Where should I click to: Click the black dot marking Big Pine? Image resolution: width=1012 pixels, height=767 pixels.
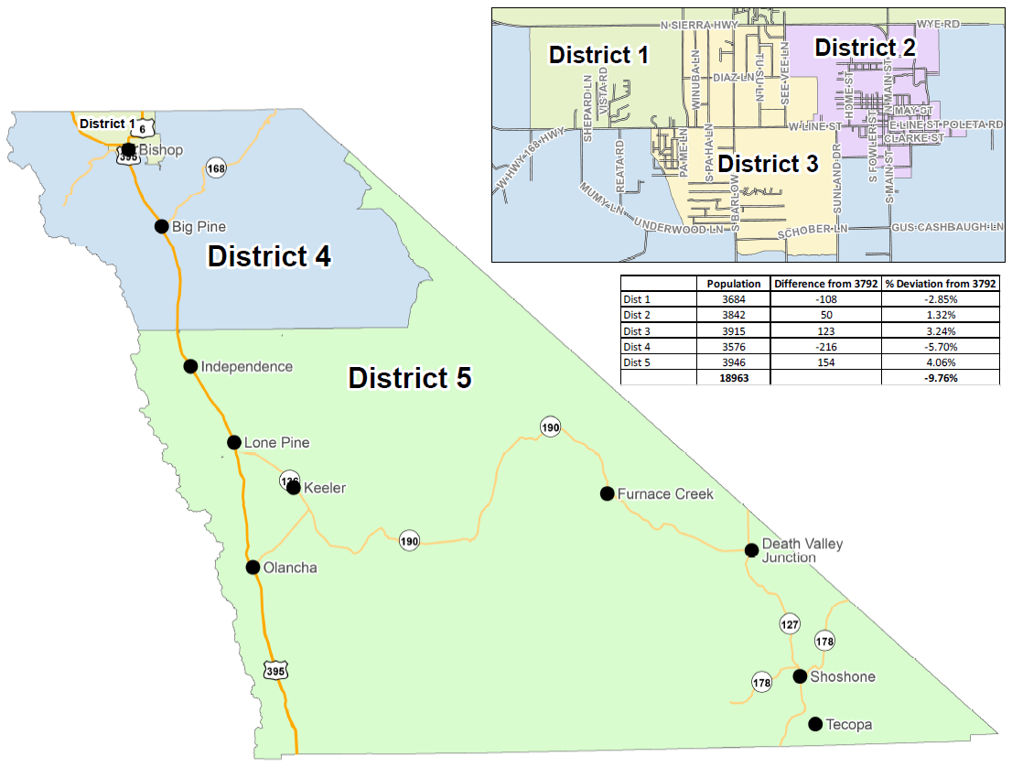[161, 226]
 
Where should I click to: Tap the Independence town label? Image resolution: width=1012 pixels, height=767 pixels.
[246, 367]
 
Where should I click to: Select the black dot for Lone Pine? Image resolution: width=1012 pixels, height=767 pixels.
[234, 443]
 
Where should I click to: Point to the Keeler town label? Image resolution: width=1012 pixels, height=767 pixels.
[324, 488]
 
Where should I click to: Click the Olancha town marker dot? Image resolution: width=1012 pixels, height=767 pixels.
[253, 567]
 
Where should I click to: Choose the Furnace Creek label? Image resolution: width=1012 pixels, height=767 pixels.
[665, 494]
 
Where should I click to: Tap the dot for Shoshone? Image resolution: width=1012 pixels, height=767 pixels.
[800, 676]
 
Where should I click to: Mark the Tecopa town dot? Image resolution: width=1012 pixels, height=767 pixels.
[814, 724]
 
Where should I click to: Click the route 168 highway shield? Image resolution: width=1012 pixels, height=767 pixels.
[216, 167]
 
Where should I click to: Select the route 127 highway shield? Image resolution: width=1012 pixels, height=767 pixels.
[790, 625]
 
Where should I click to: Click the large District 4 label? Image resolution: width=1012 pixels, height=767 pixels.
[269, 257]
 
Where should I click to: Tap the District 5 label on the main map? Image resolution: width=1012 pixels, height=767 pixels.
[410, 378]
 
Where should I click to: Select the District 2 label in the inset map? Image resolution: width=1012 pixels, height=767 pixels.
[865, 48]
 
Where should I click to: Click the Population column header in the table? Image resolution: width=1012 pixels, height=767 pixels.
[733, 284]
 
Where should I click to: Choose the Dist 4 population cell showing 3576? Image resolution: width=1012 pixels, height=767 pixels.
[733, 346]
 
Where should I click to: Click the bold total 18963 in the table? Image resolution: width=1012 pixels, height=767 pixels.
[733, 377]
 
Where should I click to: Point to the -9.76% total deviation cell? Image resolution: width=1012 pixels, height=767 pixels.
[939, 377]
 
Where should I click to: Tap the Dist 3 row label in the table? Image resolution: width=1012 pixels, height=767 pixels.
[637, 330]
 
